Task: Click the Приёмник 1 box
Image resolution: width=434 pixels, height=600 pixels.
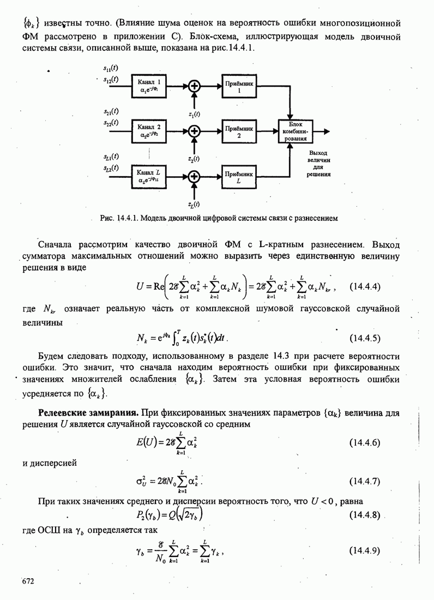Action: coord(239,86)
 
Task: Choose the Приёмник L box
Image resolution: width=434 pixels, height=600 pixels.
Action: coord(239,176)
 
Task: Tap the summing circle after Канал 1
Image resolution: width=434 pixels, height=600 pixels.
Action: coord(195,86)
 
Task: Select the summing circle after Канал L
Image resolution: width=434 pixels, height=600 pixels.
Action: coord(195,176)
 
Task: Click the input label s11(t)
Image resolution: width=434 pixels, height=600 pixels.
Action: coord(111,68)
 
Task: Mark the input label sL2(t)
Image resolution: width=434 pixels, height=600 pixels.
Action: coord(111,169)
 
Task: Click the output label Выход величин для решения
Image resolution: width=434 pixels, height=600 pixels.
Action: coord(318,164)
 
